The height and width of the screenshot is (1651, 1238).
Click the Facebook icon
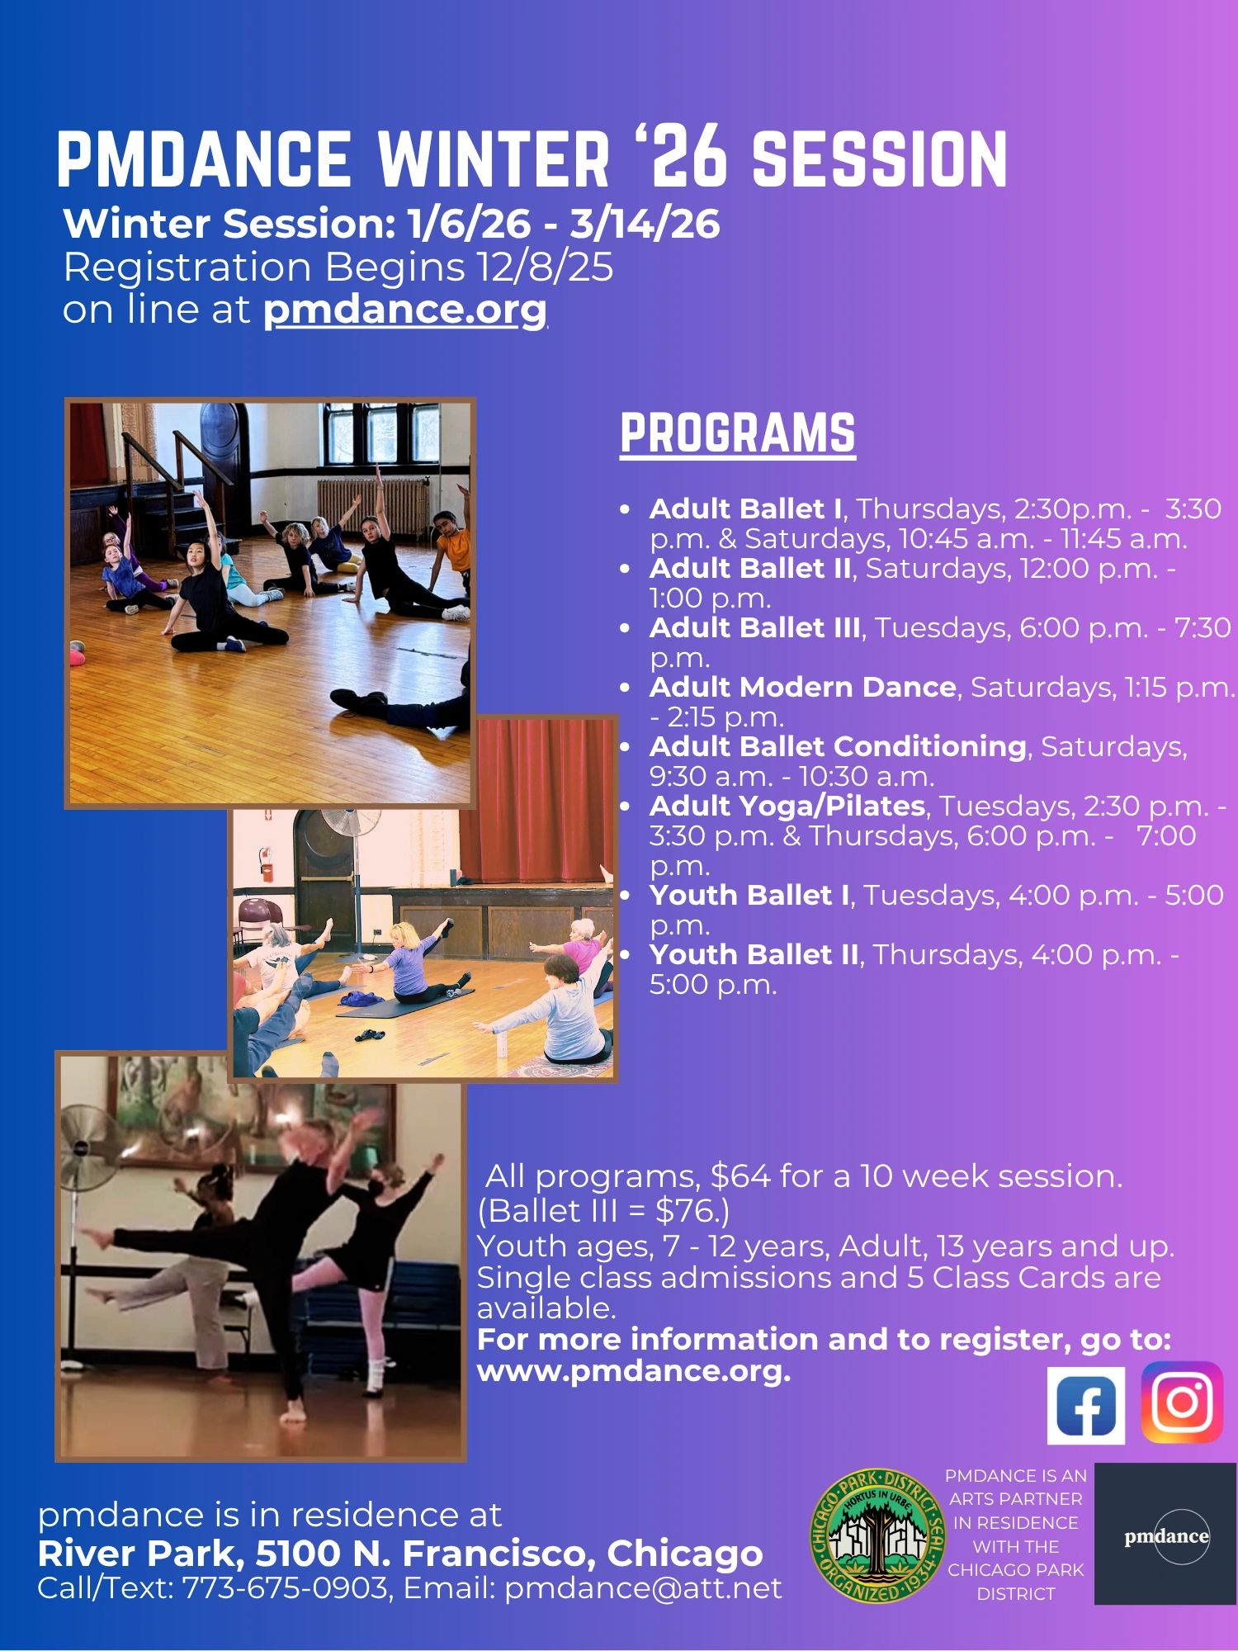1085,1405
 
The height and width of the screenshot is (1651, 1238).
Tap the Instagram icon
1182,1402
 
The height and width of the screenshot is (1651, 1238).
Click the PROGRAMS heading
738,433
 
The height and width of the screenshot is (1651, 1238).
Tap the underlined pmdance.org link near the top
405,310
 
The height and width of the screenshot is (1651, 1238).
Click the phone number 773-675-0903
285,1587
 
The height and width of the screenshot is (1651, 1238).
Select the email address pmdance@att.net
643,1587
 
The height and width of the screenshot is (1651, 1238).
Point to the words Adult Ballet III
754,627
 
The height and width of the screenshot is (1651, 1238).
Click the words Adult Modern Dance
802,687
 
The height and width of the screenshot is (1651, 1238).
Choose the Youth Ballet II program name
754,954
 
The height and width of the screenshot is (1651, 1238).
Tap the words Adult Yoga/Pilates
787,806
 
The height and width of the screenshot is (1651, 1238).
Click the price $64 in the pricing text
740,1176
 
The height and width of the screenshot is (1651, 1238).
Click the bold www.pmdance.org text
634,1371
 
